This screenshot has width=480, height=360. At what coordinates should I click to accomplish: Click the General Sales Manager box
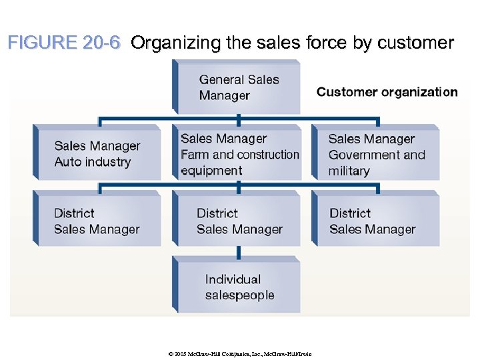pos(239,87)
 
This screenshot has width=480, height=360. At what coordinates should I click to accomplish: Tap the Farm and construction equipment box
pos(239,154)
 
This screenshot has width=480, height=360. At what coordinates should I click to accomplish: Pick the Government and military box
pos(376,154)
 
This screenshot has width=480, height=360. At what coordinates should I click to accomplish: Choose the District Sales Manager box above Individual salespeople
pos(239,221)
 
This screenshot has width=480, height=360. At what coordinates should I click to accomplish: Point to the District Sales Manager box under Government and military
pos(376,221)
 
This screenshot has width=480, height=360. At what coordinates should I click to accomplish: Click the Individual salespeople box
pos(239,287)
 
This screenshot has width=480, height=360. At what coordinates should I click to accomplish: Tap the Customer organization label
pos(387,92)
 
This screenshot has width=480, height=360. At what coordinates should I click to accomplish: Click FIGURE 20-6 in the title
pos(64,43)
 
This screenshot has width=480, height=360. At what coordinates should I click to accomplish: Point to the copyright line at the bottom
pos(239,353)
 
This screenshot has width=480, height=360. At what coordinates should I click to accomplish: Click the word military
pos(349,171)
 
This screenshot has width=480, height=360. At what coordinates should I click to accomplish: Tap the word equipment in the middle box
pos(211,170)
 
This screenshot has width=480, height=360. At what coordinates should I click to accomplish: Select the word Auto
pos(68,162)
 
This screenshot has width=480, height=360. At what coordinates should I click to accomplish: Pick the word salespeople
pos(239,295)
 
